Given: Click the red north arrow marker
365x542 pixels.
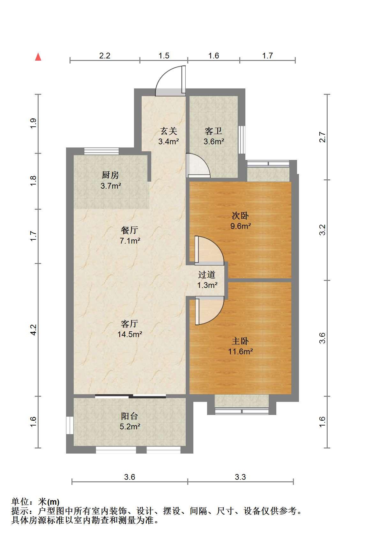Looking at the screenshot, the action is click(38, 57).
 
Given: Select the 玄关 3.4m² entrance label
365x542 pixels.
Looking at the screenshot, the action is click(168, 136).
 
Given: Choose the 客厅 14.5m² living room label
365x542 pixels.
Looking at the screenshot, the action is click(130, 329).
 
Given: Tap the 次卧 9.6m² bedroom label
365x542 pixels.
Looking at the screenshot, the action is click(241, 221).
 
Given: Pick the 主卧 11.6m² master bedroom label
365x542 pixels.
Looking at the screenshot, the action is click(241, 346).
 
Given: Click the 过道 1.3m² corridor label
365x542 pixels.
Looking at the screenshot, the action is click(207, 280).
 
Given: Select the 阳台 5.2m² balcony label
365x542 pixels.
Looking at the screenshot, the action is click(130, 421).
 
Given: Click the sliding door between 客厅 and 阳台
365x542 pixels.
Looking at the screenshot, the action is click(130, 396).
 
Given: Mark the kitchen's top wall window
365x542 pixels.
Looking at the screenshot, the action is click(101, 151).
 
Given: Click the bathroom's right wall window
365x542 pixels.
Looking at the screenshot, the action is click(242, 139).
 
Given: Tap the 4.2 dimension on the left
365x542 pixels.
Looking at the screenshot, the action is click(34, 330).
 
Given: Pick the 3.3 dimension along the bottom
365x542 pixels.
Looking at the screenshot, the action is click(241, 477).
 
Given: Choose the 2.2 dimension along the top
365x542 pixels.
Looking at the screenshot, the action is click(105, 56).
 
